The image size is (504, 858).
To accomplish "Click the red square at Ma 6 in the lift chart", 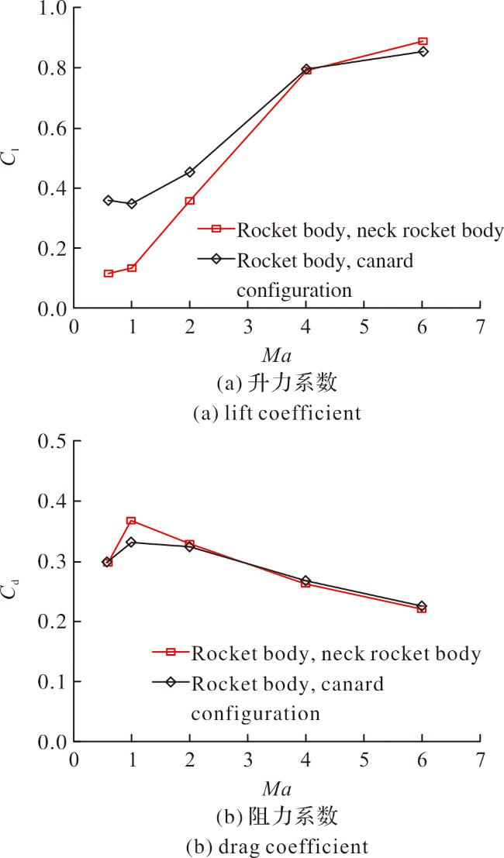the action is point(423,42).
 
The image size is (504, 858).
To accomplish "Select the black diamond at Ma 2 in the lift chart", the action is point(190,172).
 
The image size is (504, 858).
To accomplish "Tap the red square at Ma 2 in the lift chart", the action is point(190,201).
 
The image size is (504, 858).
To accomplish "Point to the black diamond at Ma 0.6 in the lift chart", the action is point(109,200).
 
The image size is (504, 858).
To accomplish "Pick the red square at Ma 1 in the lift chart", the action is point(132,268).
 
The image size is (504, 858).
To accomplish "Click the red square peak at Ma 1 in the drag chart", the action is point(131,521).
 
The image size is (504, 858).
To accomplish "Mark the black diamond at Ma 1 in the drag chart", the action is point(131,543).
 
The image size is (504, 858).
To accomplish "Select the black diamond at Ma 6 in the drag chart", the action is point(422,606).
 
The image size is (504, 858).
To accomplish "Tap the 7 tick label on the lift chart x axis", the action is point(480,327).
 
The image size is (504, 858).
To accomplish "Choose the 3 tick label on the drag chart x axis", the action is point(248,760).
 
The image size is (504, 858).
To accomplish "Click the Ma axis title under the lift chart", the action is point(276,357).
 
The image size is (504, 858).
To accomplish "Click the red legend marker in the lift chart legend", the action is point(216,229).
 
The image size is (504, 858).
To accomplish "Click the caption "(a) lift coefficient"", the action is point(278,412).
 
